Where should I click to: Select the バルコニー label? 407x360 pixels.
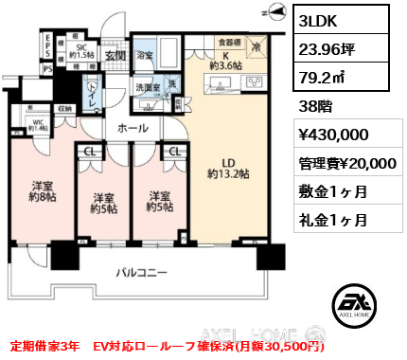[x=141, y=272]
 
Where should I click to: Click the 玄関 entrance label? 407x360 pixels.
[x=115, y=55]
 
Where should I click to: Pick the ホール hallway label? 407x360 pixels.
[x=132, y=126]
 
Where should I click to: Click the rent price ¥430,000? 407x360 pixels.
[x=332, y=135]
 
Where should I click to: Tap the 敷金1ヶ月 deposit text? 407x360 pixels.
[x=327, y=190]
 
